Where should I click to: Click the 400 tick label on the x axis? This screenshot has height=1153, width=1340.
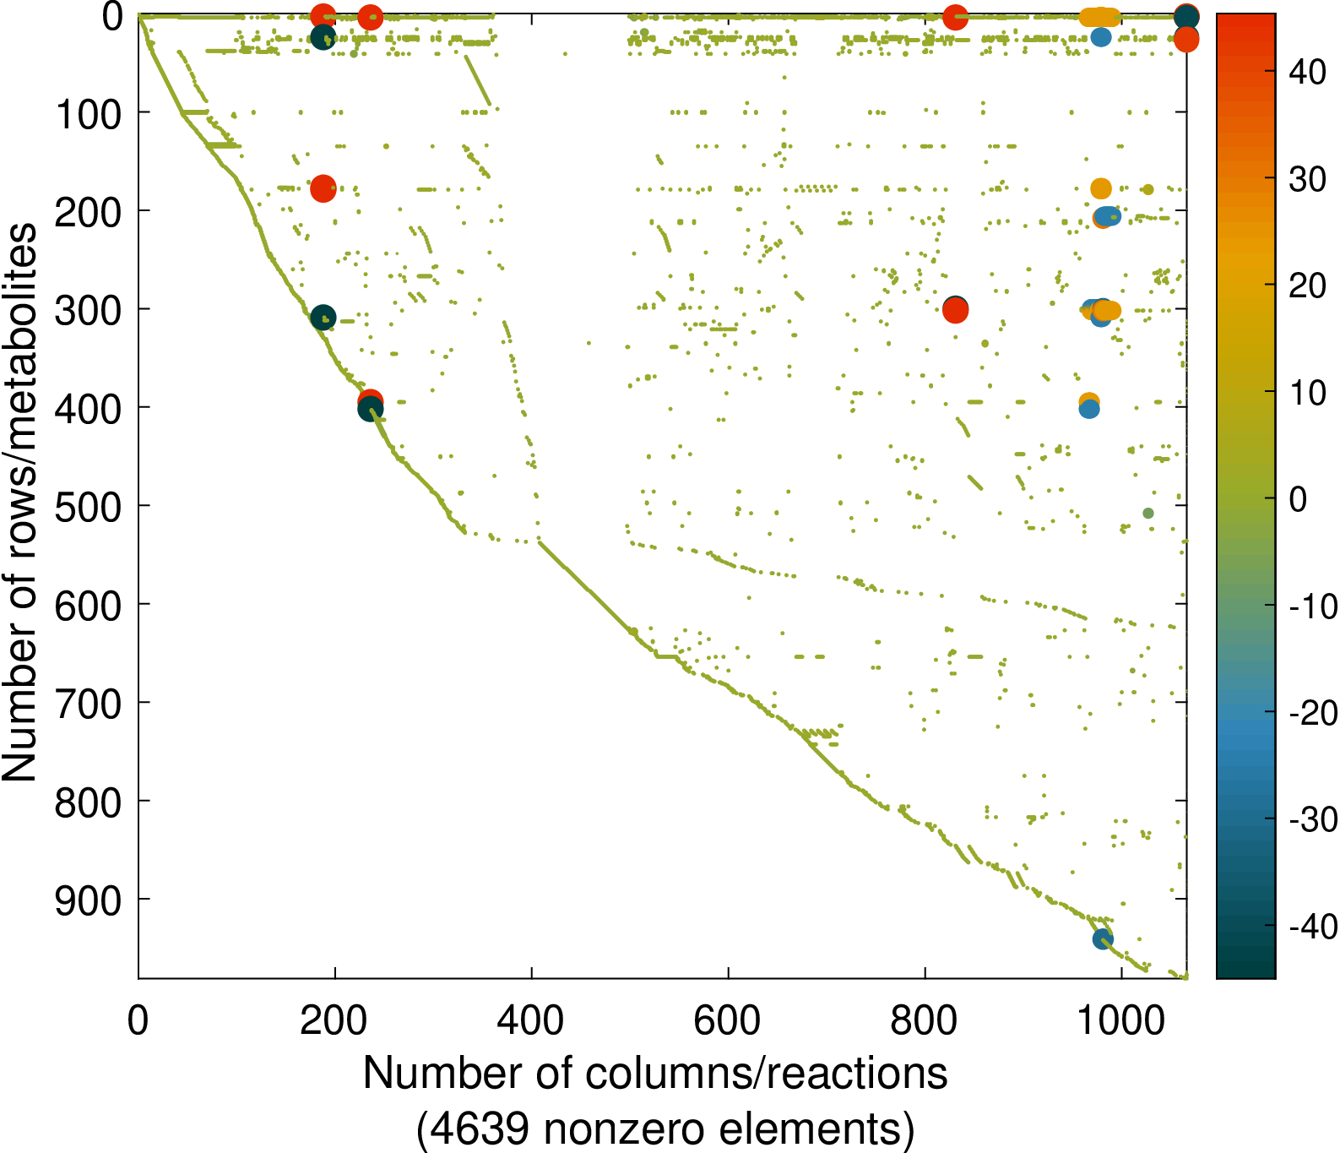[x=530, y=1020]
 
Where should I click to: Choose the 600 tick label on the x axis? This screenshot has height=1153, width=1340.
[x=727, y=1020]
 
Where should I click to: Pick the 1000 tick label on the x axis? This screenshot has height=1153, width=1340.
[x=1121, y=1020]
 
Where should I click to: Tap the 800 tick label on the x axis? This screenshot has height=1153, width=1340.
[x=924, y=1020]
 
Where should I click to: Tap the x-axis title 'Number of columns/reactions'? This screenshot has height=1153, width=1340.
[x=655, y=1074]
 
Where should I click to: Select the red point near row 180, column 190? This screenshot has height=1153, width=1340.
[x=323, y=188]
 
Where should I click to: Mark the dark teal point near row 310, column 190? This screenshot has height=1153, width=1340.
[x=323, y=318]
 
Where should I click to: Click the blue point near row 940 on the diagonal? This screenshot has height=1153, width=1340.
[x=1103, y=938]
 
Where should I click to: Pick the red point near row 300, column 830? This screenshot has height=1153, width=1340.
[x=955, y=311]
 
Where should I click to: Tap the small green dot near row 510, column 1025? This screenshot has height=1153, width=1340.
[x=1148, y=513]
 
